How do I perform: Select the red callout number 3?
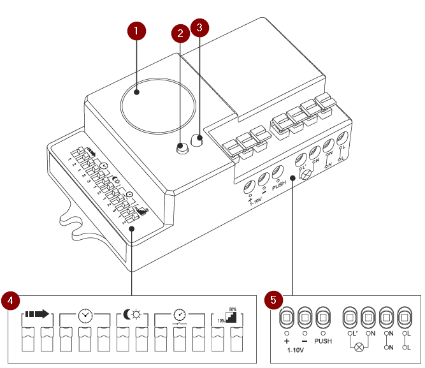point(201,28)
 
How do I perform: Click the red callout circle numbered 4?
point(11,299)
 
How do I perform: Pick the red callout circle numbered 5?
point(275,299)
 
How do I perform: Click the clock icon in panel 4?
point(85,314)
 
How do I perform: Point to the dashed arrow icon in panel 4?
point(37,314)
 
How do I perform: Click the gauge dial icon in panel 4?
point(180,314)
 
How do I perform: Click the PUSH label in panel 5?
point(323,342)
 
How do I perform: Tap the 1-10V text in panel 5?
point(295,350)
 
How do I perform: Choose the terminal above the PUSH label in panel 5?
point(323,318)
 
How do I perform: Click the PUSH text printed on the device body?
point(279,187)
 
